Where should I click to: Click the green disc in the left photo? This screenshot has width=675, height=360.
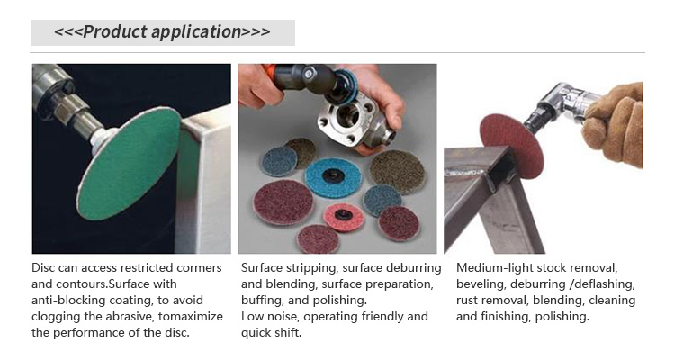[x=129, y=164]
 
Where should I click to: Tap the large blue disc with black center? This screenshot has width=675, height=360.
[x=333, y=178]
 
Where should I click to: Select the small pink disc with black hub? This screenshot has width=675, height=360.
[x=344, y=217]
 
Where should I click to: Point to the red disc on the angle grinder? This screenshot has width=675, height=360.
[x=511, y=146]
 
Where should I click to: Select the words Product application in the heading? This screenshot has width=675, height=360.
[x=162, y=31]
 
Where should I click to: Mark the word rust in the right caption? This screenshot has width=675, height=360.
[x=466, y=301]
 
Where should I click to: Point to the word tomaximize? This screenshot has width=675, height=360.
[x=190, y=317]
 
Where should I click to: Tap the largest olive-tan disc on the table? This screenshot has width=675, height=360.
[x=397, y=171]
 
